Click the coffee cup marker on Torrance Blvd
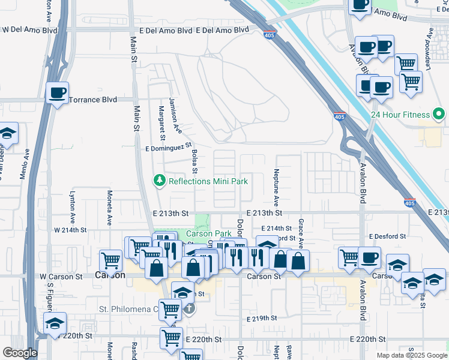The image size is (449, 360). [58, 93]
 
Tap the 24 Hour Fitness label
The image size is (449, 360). [400, 114]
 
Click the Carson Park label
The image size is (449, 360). [208, 233]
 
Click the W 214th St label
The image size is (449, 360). [70, 230]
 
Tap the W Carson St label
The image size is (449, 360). [61, 277]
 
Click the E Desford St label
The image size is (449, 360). [388, 236]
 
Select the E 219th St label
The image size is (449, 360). [262, 318]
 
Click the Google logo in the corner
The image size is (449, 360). [19, 353]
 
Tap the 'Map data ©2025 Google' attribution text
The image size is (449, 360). [411, 355]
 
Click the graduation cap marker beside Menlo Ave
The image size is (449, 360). [7, 133]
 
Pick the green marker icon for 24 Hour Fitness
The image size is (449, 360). [439, 114]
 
